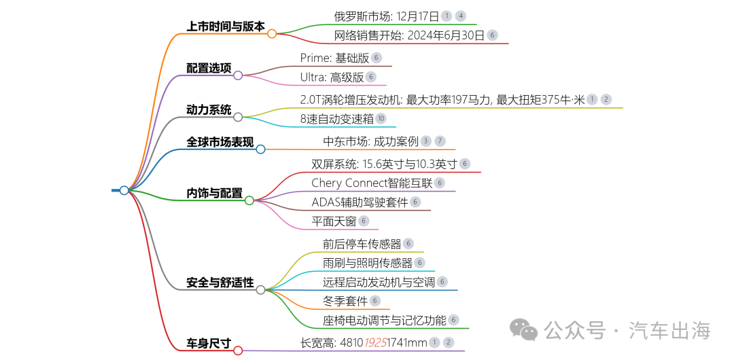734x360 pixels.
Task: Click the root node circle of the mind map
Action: click(x=124, y=190)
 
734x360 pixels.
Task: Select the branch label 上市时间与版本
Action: click(x=226, y=26)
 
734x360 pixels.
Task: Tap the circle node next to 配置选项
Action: click(x=238, y=75)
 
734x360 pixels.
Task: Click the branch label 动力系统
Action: click(x=209, y=109)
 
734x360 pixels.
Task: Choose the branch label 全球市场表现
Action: click(x=220, y=142)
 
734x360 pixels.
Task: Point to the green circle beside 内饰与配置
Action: click(x=249, y=200)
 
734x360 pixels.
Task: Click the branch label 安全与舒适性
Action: click(x=220, y=282)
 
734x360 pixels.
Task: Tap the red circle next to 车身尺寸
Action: click(x=238, y=350)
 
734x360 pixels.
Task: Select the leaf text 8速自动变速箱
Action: click(x=337, y=119)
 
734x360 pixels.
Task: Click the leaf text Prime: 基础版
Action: click(x=334, y=58)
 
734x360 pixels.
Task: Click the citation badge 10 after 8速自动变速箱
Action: click(x=381, y=119)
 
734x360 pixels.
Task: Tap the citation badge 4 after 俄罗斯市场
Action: click(x=461, y=16)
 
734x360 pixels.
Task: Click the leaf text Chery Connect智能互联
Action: click(x=372, y=183)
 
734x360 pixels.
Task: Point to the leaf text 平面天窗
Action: click(x=334, y=221)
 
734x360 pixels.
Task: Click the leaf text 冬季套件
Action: click(x=345, y=301)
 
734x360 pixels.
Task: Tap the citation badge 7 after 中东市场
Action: click(x=440, y=141)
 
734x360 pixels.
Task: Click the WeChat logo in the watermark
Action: click(x=525, y=330)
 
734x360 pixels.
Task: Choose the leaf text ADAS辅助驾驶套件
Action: click(x=360, y=202)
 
